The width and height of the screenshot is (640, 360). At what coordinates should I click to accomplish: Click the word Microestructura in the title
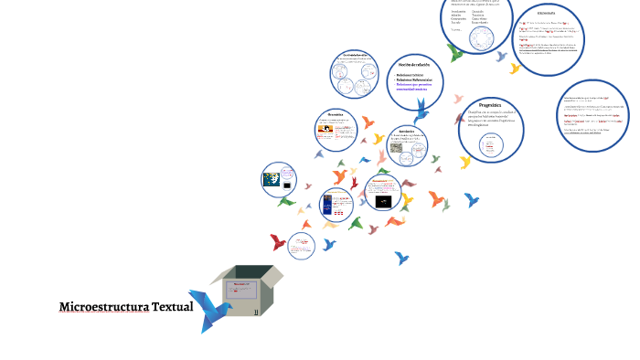[103, 307]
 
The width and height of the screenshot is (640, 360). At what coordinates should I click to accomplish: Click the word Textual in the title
[172, 307]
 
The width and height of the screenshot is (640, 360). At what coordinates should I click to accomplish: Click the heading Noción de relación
[414, 65]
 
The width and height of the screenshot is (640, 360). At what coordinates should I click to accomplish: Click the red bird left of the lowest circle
[278, 243]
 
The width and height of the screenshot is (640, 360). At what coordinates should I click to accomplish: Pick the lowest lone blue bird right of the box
[401, 259]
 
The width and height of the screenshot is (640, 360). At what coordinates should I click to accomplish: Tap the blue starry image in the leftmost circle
[273, 179]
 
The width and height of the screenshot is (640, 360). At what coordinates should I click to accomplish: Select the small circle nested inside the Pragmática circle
[493, 145]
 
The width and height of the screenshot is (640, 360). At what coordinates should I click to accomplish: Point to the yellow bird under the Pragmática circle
[465, 163]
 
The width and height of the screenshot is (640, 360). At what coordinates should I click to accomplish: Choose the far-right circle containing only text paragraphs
[593, 114]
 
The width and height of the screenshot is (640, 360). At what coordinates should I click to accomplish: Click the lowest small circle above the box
[301, 244]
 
